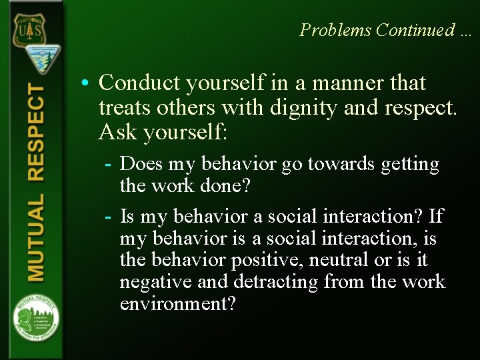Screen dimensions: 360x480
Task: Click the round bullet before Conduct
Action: [x=87, y=84]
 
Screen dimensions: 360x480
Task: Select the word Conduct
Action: [x=140, y=83]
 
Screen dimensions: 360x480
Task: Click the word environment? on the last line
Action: [x=177, y=304]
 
